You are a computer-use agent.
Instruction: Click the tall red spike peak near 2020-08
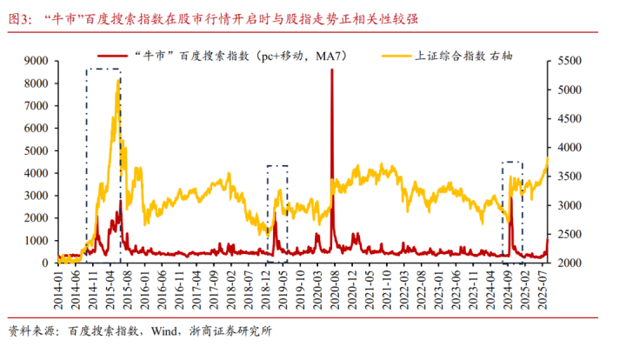[x=332, y=70]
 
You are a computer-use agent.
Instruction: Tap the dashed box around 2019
[x=276, y=213]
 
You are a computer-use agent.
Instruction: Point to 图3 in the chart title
[x=18, y=17]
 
